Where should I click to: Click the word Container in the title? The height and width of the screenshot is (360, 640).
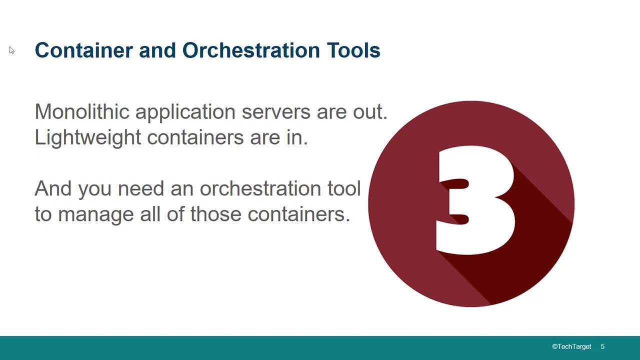[x=83, y=50]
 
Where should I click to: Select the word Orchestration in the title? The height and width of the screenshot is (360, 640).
[x=251, y=50]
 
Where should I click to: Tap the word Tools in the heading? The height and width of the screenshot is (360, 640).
[x=353, y=50]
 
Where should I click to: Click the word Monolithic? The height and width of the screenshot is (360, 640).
[x=82, y=111]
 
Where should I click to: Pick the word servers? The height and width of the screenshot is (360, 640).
[x=276, y=112]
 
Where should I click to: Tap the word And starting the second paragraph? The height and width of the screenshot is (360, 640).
[x=53, y=188]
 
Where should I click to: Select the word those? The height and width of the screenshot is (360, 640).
[x=216, y=214]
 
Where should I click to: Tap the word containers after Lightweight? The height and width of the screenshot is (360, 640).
[x=195, y=137]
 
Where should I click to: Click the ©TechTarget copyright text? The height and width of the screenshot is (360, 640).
[x=571, y=346]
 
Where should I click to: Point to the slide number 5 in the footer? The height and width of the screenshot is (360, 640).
[x=602, y=346]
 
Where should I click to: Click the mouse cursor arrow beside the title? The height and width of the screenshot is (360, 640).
[x=11, y=50]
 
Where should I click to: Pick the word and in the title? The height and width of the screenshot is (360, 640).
[x=157, y=50]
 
